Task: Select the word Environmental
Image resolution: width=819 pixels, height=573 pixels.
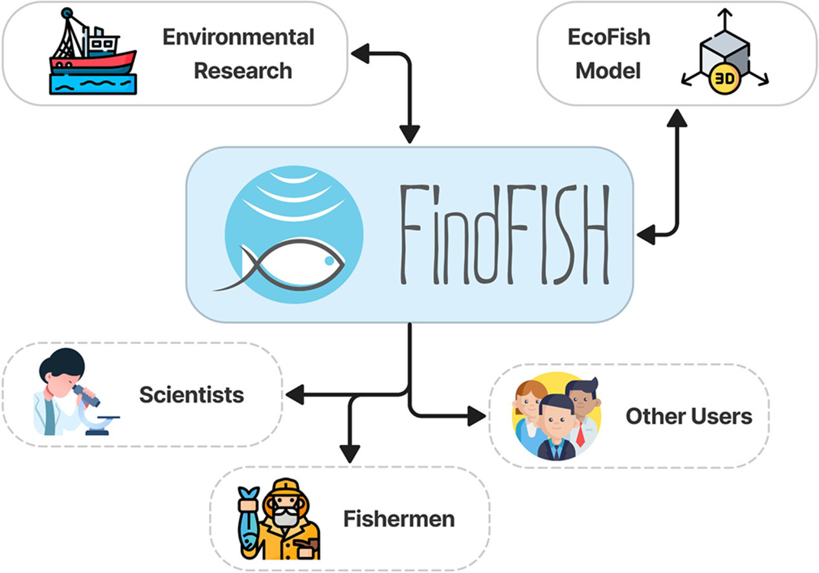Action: point(238,37)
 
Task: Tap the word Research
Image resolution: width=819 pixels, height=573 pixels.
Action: point(243,70)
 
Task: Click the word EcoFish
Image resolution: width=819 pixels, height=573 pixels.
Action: point(609,37)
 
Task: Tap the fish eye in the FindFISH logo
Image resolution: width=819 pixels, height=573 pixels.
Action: point(330,261)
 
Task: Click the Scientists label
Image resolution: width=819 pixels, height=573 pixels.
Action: point(192,395)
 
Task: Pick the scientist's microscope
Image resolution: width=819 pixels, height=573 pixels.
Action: point(91,407)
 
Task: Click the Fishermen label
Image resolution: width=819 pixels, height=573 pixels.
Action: point(399,519)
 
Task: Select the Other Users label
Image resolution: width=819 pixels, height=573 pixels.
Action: point(688,416)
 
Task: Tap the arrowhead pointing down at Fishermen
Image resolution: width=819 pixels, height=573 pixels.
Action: point(350,454)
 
